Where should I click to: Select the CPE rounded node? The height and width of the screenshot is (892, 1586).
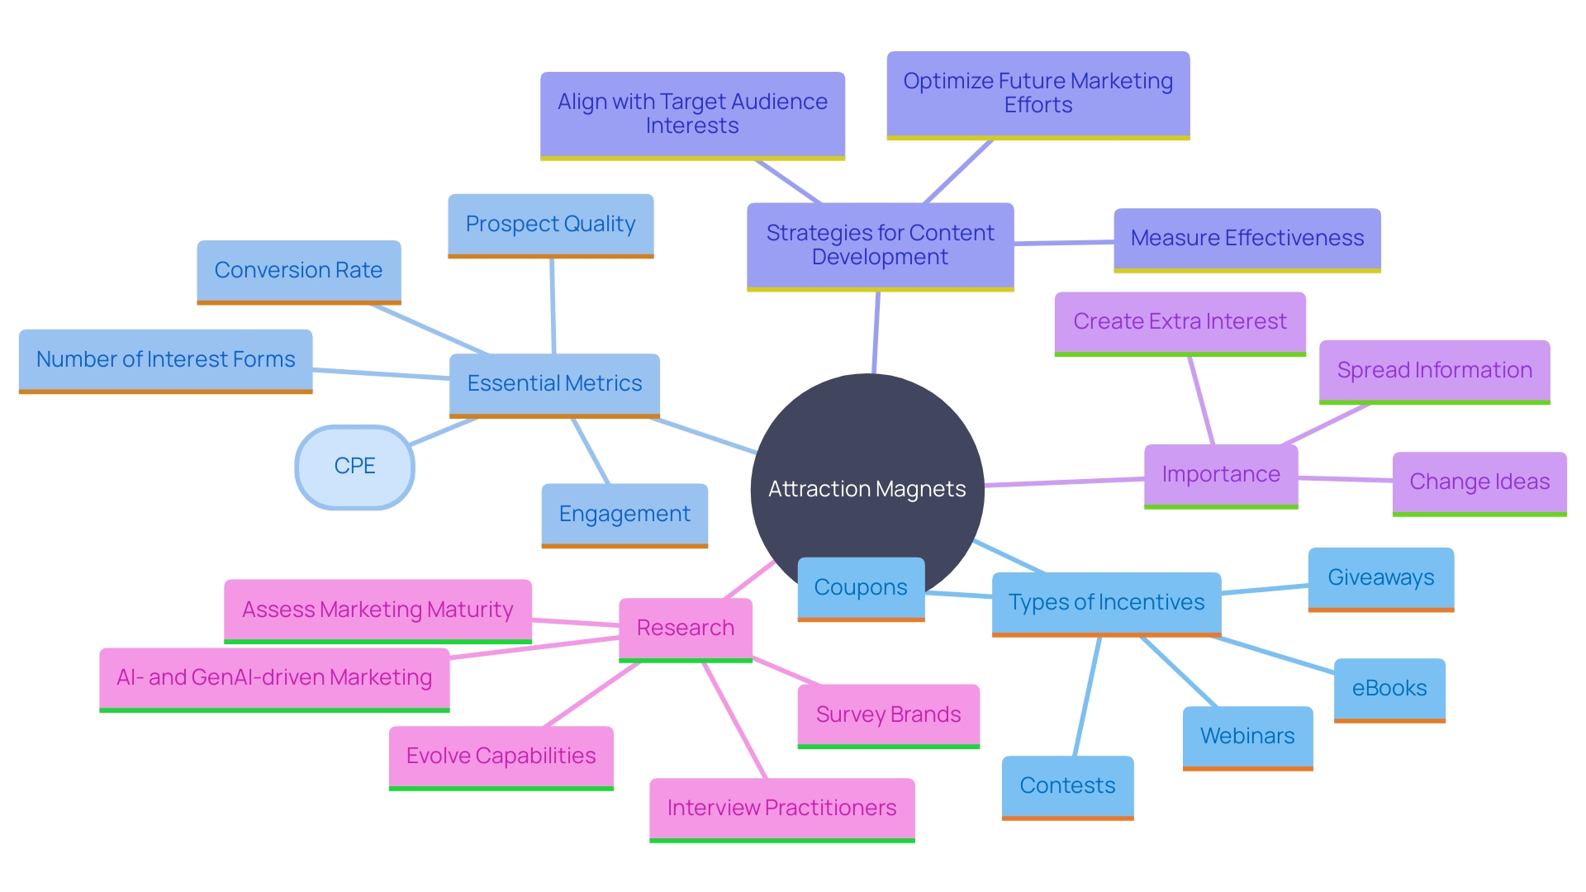(x=354, y=467)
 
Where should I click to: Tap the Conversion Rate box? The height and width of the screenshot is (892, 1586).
(x=298, y=271)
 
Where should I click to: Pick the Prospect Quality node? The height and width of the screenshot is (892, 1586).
(x=550, y=225)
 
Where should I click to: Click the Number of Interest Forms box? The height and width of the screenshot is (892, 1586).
(x=165, y=360)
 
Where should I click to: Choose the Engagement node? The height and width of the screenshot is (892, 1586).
(x=624, y=515)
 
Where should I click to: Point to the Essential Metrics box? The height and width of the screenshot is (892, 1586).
(x=554, y=384)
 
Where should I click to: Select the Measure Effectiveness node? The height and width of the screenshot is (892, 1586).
(x=1246, y=239)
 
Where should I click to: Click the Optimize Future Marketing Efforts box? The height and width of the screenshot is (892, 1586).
(x=1038, y=94)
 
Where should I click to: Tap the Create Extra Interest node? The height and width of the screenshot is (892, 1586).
(x=1180, y=322)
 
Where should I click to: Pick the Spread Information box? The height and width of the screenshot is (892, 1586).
(x=1434, y=371)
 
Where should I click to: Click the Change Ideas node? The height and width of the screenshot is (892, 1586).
(x=1479, y=482)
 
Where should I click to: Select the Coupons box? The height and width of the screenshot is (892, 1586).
(x=861, y=588)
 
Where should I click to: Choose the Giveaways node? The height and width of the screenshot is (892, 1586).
(x=1380, y=578)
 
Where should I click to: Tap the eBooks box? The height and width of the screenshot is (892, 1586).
(x=1389, y=689)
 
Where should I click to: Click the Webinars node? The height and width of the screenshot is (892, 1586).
(x=1247, y=737)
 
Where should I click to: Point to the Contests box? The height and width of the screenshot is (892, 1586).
(x=1067, y=786)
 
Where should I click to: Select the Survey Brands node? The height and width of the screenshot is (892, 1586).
(x=888, y=715)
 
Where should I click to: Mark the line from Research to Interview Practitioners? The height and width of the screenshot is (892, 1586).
(x=735, y=720)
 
